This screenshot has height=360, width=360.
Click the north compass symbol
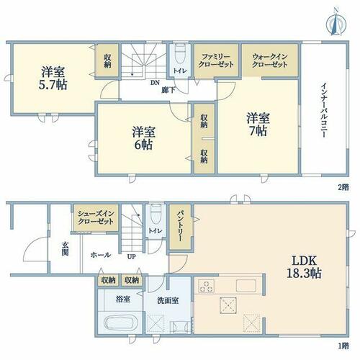point(336,22)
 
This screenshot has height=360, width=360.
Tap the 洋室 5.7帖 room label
point(53,78)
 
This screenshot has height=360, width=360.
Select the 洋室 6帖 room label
point(143,138)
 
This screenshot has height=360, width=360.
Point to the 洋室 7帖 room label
point(258,125)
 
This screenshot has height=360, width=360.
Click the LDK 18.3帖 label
point(305,266)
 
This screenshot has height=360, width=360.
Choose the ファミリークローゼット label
point(216,60)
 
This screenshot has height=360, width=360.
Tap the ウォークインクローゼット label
point(270,60)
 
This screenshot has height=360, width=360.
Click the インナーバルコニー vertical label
point(324,110)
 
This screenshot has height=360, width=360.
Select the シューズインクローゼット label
point(96,217)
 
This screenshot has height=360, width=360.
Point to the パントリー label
point(180,226)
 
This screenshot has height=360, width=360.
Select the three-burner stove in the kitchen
point(206,286)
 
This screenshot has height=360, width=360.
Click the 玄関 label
point(65,248)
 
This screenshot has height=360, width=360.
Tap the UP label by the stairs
point(132,257)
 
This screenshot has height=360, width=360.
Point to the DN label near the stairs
point(155,83)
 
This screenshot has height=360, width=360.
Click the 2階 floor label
point(343,187)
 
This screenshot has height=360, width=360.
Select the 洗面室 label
point(168,300)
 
